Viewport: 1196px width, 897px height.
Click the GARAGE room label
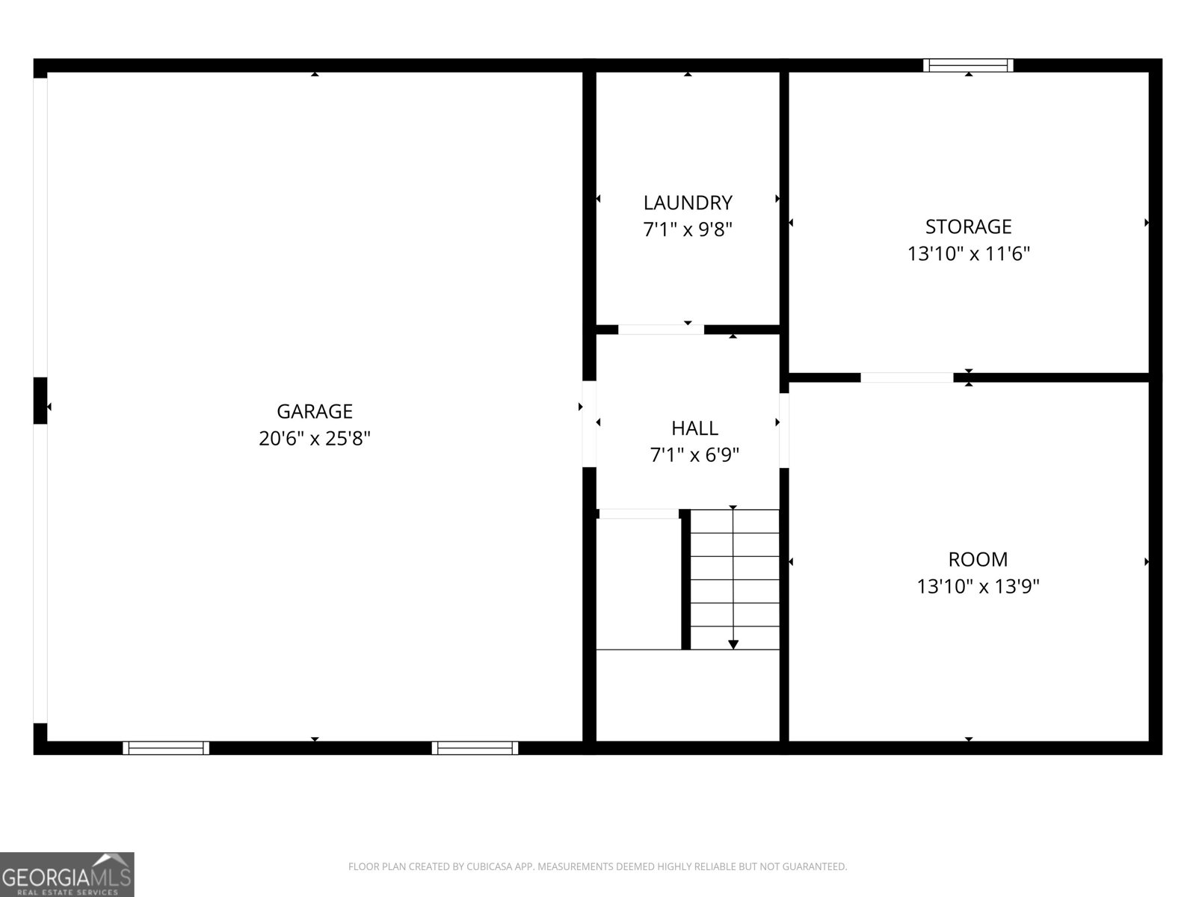tap(315, 411)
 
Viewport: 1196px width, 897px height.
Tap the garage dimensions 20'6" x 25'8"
tap(315, 438)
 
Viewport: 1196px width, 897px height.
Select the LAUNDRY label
tap(688, 203)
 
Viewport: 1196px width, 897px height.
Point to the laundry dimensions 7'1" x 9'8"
tap(688, 229)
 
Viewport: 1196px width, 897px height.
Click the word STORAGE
tap(968, 226)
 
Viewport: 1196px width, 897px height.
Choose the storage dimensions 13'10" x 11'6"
tap(968, 254)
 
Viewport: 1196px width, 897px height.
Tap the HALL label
tap(694, 428)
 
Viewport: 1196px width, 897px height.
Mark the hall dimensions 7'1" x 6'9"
tap(694, 454)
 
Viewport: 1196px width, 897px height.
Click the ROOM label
tap(978, 559)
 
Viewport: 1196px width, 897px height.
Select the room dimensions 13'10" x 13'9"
tap(978, 587)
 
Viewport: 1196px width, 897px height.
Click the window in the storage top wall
tap(968, 65)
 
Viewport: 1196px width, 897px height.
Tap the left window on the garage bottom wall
tap(166, 747)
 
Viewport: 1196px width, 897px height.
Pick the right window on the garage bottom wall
tap(475, 747)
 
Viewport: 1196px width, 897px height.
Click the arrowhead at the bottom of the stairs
tap(733, 644)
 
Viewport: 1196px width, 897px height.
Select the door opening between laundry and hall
tap(661, 330)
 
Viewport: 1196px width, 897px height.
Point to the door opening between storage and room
tap(907, 377)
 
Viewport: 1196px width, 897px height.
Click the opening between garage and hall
tap(589, 424)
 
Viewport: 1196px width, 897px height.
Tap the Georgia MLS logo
tap(67, 875)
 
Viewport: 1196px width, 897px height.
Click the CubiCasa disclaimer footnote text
tap(597, 867)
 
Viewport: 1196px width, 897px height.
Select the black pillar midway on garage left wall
tap(40, 401)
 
